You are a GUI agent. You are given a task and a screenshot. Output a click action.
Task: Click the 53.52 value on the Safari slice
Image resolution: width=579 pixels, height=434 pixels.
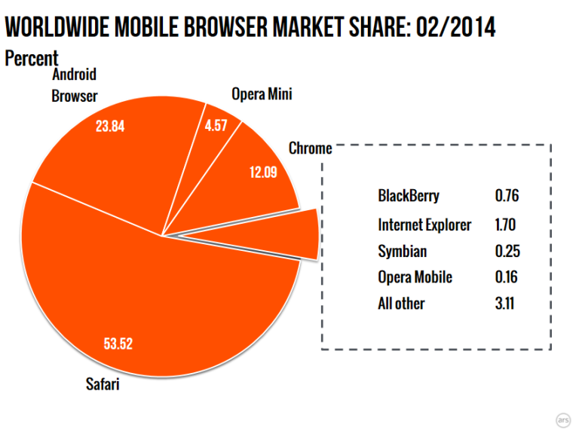[118, 345]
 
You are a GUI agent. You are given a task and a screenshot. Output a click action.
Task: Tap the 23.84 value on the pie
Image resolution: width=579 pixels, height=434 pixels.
[110, 126]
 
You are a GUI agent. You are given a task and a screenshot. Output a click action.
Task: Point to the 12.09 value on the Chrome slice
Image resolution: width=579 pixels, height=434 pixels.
[263, 171]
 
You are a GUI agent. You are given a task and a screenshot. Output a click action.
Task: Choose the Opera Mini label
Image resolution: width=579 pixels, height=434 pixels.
[261, 94]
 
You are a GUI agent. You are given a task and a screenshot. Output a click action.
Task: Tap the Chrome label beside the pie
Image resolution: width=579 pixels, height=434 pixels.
[310, 148]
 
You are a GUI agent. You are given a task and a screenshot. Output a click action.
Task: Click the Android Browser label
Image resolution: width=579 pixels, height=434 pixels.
[75, 85]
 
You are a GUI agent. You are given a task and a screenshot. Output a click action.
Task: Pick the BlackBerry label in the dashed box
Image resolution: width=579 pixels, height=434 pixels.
[409, 197]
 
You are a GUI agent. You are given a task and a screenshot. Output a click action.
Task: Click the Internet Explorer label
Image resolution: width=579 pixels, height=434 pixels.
[424, 225]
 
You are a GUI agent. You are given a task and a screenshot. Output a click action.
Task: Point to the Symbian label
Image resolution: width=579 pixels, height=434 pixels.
[403, 251]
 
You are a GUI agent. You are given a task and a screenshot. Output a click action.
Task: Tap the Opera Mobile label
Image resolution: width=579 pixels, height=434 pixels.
[415, 277]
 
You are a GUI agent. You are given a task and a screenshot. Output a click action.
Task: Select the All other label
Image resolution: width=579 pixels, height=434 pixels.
[401, 304]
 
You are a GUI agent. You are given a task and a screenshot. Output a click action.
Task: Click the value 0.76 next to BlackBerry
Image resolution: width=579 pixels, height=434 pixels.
[507, 197]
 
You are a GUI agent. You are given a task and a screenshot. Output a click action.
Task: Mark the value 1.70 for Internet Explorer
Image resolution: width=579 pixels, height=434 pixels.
[507, 225]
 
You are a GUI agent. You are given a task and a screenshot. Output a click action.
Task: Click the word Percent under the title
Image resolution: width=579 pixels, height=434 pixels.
[31, 58]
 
